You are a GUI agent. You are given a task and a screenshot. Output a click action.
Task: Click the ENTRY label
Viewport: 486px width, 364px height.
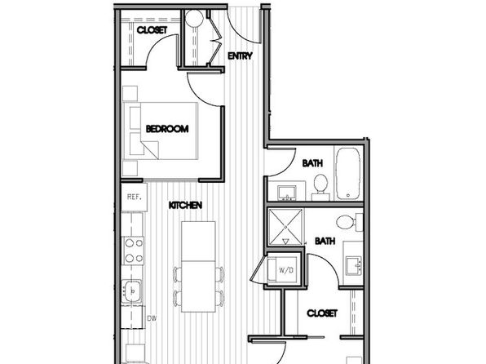pyautogui.click(x=240, y=55)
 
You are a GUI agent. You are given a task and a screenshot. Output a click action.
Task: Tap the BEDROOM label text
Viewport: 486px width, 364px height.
pyautogui.click(x=167, y=128)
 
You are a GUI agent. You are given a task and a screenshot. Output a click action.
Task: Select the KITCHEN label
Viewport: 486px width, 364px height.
pyautogui.click(x=186, y=205)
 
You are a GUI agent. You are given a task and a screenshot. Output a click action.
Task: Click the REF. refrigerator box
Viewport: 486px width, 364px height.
pyautogui.click(x=134, y=197)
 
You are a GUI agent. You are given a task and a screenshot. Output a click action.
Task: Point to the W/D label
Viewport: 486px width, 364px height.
pyautogui.click(x=286, y=270)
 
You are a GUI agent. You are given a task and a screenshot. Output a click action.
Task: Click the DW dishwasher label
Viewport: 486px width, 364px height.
pyautogui.click(x=152, y=318)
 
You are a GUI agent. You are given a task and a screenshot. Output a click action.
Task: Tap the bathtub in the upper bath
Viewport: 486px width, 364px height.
pyautogui.click(x=348, y=174)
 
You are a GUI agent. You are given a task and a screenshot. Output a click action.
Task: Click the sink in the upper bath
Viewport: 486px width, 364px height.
pyautogui.click(x=287, y=193)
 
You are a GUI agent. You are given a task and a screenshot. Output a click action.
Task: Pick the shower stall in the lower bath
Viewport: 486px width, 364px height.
pyautogui.click(x=285, y=227)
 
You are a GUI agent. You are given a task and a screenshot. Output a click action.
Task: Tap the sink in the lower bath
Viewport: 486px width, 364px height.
pyautogui.click(x=354, y=265)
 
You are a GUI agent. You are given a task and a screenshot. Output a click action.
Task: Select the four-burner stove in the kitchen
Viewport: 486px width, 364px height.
pyautogui.click(x=134, y=251)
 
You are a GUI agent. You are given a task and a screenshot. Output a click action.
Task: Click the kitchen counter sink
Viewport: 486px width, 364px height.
pyautogui.click(x=132, y=291)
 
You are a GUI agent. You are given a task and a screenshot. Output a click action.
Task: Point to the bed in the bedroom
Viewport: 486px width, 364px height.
pyautogui.click(x=161, y=131)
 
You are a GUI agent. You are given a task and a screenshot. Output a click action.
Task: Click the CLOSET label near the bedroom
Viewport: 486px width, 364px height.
pyautogui.click(x=152, y=30)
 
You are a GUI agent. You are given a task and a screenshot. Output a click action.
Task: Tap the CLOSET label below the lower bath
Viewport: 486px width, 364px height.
pyautogui.click(x=322, y=313)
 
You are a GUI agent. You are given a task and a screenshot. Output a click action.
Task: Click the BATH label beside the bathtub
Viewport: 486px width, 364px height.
pyautogui.click(x=312, y=163)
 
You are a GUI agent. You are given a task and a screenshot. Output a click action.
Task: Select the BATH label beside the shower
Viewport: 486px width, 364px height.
pyautogui.click(x=325, y=241)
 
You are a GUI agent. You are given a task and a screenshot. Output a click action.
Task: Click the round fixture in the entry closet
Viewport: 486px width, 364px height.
pyautogui.click(x=194, y=18)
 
